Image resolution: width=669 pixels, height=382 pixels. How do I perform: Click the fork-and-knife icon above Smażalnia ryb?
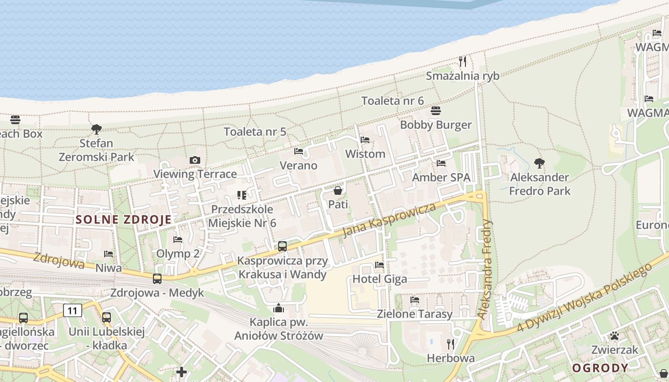462,61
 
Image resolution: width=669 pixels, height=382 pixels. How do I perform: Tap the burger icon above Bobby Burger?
436,111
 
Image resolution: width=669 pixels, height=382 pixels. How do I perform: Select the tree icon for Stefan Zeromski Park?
97,129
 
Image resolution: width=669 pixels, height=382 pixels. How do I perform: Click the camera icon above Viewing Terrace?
194,160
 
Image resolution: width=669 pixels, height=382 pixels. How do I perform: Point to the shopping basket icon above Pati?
338,191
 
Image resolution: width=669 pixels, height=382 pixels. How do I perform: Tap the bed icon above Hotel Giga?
379,265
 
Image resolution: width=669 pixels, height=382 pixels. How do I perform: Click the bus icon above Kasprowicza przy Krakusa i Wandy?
282,246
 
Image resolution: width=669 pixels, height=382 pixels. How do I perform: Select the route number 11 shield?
72,311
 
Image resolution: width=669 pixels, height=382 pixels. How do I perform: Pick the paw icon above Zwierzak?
614,336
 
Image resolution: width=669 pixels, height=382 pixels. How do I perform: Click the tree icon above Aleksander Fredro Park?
540,163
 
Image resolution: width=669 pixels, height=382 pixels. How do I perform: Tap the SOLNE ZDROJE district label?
123,220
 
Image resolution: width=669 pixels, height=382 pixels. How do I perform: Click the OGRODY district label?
600,368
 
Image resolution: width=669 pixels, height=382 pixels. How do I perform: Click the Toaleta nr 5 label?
255,131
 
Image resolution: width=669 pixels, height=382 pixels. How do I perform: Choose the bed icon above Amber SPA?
441,163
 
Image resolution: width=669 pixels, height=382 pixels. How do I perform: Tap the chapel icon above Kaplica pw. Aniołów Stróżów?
279,308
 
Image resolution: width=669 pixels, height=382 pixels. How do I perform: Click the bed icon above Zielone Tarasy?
415,300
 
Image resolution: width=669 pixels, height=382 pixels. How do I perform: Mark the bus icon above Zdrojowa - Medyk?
157,279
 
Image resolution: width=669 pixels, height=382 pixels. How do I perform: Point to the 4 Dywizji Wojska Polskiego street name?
585,297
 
